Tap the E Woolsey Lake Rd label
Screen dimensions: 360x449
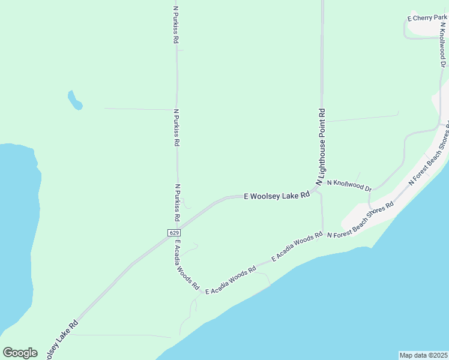click(x=277, y=196)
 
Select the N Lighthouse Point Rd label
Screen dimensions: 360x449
click(x=321, y=146)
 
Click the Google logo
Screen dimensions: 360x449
click(x=20, y=352)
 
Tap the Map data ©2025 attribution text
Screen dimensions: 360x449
click(x=423, y=355)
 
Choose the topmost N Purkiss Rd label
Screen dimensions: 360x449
click(x=176, y=25)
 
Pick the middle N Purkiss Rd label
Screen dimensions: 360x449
click(x=176, y=127)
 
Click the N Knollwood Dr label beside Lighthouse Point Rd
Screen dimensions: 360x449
click(x=349, y=185)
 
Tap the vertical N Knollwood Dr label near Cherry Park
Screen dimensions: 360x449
click(x=443, y=44)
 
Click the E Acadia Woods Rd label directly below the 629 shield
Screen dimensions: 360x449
click(x=186, y=266)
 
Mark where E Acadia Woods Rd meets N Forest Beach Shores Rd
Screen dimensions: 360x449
click(x=323, y=233)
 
